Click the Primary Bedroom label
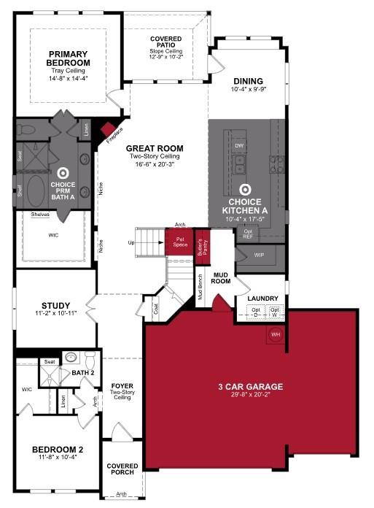click(68, 58)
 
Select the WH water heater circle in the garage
click(276, 334)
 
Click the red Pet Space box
click(179, 242)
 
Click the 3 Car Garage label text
click(250, 385)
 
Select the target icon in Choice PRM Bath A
click(63, 174)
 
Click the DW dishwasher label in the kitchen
click(239, 146)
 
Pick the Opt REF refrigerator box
click(247, 234)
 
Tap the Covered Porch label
click(122, 469)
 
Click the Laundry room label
click(261, 299)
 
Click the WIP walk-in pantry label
click(260, 255)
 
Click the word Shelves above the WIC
click(41, 215)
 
